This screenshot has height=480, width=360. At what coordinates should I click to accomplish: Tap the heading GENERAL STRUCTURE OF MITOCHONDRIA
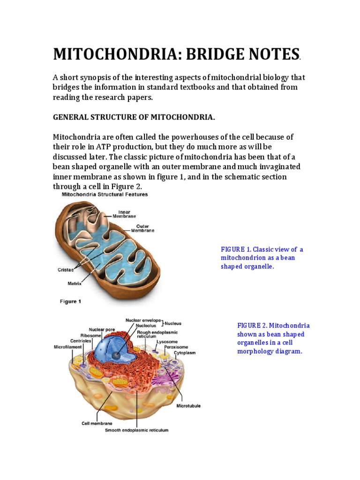(134, 118)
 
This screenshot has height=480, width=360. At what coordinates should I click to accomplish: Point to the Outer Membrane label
(142, 228)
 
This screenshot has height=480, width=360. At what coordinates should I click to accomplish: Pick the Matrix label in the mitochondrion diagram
(74, 284)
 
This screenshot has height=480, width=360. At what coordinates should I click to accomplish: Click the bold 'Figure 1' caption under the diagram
(70, 301)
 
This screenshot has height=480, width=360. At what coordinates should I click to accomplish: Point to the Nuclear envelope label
(142, 320)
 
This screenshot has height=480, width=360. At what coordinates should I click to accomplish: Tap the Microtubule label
(188, 405)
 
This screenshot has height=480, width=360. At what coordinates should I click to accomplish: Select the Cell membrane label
(97, 423)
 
